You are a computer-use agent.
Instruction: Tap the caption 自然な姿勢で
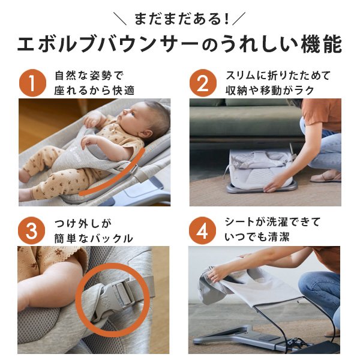click(x=89, y=76)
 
